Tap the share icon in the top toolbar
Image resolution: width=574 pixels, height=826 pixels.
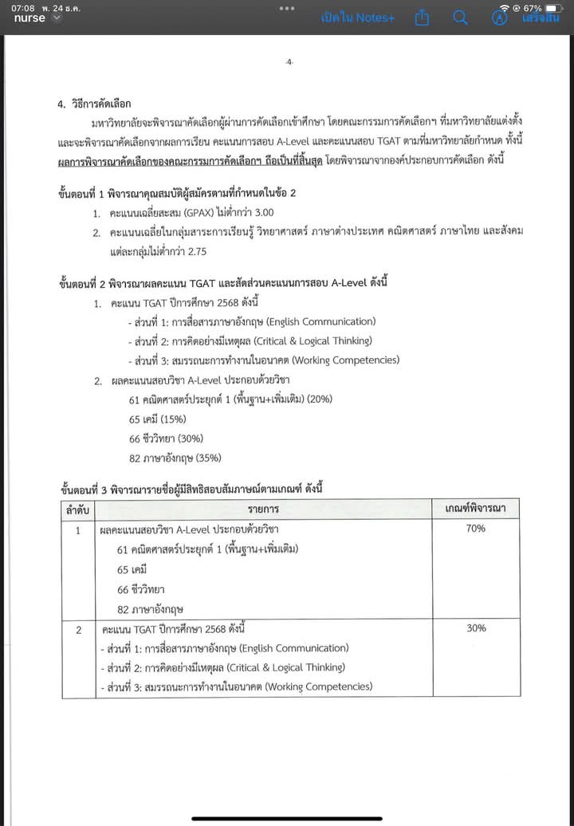coord(423,18)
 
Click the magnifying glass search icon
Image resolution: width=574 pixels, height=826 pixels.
coord(460,18)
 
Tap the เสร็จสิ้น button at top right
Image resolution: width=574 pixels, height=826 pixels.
coord(541,18)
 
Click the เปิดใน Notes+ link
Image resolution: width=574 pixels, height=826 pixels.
coord(358,18)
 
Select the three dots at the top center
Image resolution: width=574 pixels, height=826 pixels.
coord(287,7)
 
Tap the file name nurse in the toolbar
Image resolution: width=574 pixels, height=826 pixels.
coord(29,18)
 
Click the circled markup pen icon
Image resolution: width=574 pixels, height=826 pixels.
coord(500,18)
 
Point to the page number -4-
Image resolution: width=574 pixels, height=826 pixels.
coord(289,62)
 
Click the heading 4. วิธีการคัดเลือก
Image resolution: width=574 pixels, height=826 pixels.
coord(93,104)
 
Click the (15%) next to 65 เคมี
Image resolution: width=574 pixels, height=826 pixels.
coord(167,419)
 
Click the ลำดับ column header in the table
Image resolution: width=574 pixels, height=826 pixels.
coord(77,508)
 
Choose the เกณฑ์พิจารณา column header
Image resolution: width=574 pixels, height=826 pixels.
coord(476,508)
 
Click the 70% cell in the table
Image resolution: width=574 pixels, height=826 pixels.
coord(476,529)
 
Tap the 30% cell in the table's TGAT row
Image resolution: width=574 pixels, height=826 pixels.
coord(476,628)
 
